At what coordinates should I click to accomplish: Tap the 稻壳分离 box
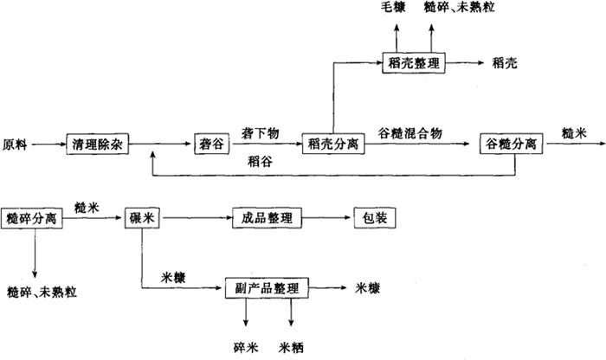(332, 144)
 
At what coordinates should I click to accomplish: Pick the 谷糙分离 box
(512, 144)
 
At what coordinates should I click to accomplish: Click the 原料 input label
(16, 145)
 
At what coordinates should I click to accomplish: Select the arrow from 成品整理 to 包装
(327, 217)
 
